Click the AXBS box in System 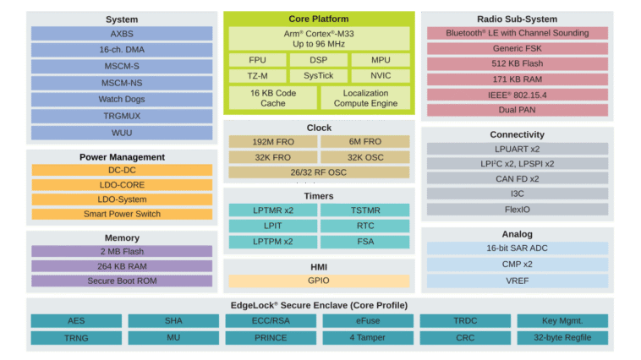(x=122, y=33)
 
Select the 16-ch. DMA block (x=122, y=50)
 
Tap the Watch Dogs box (x=122, y=100)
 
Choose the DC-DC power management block (x=122, y=170)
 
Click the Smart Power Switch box (x=122, y=215)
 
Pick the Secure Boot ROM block (x=122, y=281)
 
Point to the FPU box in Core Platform (x=256, y=60)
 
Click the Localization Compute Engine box (x=366, y=98)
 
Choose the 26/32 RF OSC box (x=319, y=172)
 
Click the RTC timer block (x=365, y=226)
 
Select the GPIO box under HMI (x=319, y=281)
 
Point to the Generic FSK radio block (x=517, y=48)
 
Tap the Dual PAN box (x=517, y=110)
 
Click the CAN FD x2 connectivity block (x=517, y=178)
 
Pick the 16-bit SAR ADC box (x=517, y=248)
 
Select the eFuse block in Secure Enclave (x=367, y=321)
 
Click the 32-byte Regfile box (x=562, y=338)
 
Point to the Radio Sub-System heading (x=517, y=19)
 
